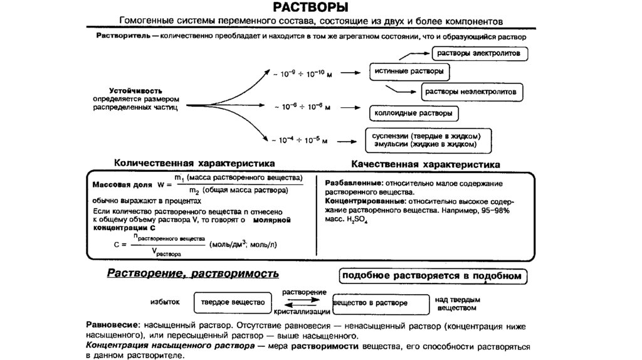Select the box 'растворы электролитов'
coord(482,54)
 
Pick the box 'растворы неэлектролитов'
coord(471,92)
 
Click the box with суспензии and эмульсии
coord(428,140)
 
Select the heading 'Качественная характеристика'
coord(426,164)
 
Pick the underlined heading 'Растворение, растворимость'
coord(193,274)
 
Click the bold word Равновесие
coord(112,327)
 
